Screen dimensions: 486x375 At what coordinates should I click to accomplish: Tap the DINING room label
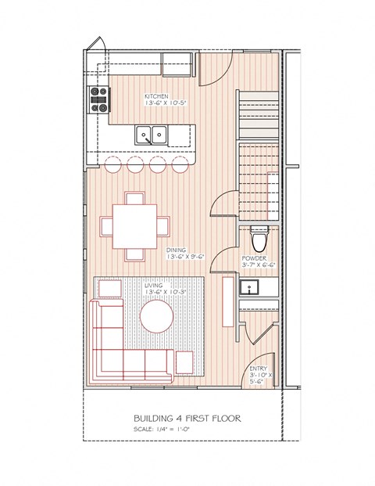click(x=175, y=250)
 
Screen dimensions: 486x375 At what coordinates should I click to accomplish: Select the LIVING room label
click(x=153, y=286)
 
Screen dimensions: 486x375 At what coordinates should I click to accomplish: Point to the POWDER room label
click(x=254, y=257)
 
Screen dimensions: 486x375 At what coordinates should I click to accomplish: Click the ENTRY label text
click(x=258, y=369)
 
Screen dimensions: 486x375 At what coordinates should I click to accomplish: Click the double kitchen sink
click(x=153, y=135)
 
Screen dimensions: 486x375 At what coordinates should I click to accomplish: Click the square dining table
click(x=135, y=225)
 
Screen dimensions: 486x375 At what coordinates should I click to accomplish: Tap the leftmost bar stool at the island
click(x=109, y=164)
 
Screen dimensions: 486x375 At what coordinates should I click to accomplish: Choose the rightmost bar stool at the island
click(x=180, y=164)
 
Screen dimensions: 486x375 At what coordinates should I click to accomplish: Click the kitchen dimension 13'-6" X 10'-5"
click(x=164, y=104)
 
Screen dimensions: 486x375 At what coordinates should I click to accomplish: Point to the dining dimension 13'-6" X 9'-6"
click(x=186, y=257)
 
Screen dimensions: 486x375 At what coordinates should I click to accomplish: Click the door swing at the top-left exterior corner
click(x=96, y=46)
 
